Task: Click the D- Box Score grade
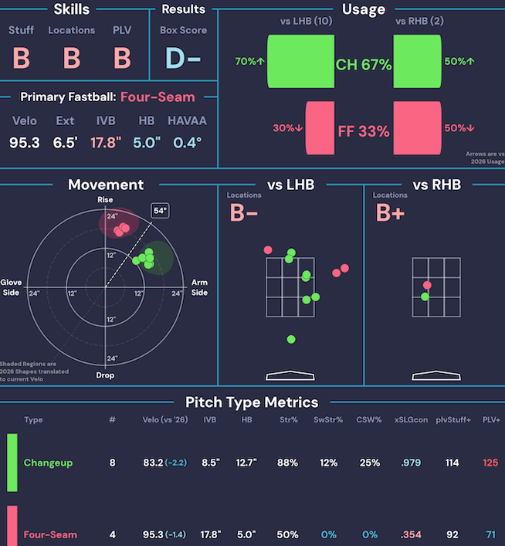[x=183, y=58]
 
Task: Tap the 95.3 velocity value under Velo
[x=25, y=143]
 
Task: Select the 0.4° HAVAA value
[x=188, y=143]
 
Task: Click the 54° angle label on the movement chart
[x=160, y=211]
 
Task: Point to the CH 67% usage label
[x=364, y=65]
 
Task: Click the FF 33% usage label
[x=364, y=131]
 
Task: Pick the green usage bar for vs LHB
[x=300, y=61]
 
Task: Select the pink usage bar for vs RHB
[x=417, y=127]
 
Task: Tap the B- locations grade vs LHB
[x=243, y=212]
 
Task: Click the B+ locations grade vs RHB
[x=390, y=212]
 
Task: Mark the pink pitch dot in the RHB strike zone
[x=427, y=285]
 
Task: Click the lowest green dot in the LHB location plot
[x=291, y=339]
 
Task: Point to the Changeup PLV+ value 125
[x=490, y=463]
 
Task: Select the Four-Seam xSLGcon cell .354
[x=411, y=534]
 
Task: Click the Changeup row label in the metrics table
[x=48, y=463]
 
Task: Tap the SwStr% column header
[x=328, y=420]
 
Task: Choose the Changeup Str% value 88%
[x=288, y=463]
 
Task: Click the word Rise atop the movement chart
[x=105, y=199]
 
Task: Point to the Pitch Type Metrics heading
[x=252, y=402]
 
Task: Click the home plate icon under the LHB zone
[x=290, y=375]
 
